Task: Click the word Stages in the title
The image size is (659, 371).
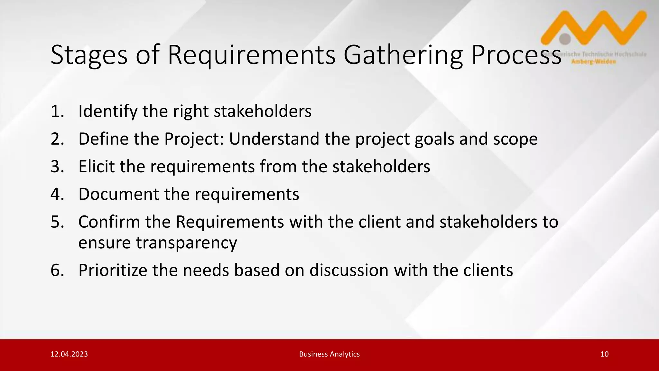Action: (x=89, y=55)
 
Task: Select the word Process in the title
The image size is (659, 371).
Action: (x=516, y=55)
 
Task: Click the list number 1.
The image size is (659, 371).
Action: (x=57, y=111)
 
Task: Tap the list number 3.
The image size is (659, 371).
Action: (x=57, y=167)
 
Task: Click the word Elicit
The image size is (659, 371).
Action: (x=97, y=167)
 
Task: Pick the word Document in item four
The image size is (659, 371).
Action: (x=118, y=194)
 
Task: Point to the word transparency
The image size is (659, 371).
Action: (x=157, y=243)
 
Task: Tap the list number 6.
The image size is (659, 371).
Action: (x=57, y=270)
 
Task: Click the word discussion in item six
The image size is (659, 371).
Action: (x=349, y=270)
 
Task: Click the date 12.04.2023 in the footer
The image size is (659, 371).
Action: (x=69, y=354)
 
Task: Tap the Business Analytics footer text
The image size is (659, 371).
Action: (x=329, y=354)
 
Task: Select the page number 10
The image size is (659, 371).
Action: (x=604, y=354)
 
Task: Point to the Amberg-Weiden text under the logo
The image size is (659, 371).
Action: (x=593, y=62)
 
